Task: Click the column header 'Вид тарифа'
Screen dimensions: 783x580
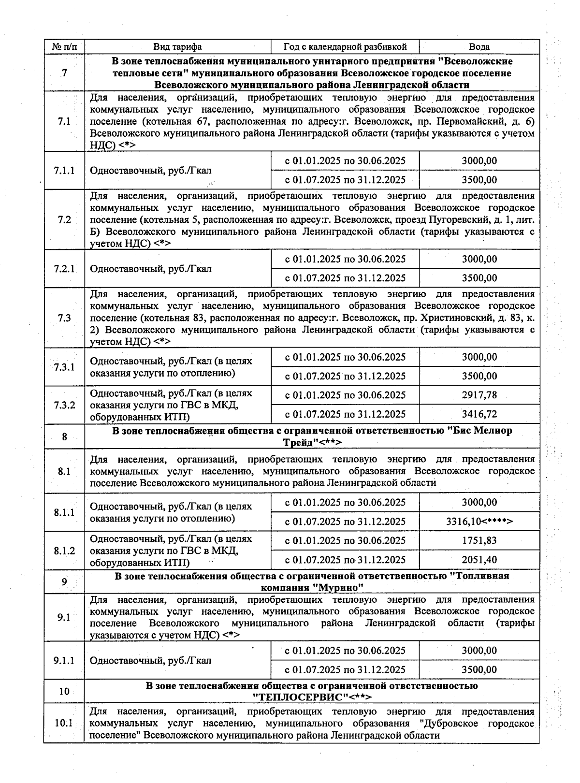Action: click(x=177, y=47)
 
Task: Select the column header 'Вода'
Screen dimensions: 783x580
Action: click(x=479, y=47)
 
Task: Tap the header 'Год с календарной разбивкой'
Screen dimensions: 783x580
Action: click(x=345, y=47)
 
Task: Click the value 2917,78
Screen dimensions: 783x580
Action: click(x=479, y=395)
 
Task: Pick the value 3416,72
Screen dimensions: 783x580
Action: click(x=479, y=414)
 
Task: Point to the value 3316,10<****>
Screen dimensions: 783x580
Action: click(x=479, y=522)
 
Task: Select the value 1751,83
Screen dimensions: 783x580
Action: click(x=479, y=540)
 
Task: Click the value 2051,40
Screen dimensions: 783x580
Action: click(x=479, y=560)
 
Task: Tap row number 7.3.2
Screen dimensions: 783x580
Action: click(x=64, y=405)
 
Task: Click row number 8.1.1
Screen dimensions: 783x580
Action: click(x=64, y=512)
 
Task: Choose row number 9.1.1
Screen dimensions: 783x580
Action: click(x=64, y=660)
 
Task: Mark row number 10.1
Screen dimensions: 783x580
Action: click(x=64, y=724)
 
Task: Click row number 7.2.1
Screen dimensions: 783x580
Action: click(x=64, y=268)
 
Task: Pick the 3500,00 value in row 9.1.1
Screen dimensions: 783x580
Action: click(x=479, y=670)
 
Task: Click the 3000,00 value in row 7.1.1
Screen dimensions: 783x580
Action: click(x=479, y=161)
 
